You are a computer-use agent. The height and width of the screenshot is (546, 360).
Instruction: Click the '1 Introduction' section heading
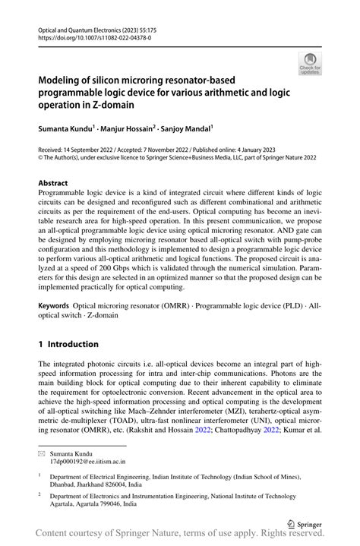68,345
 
